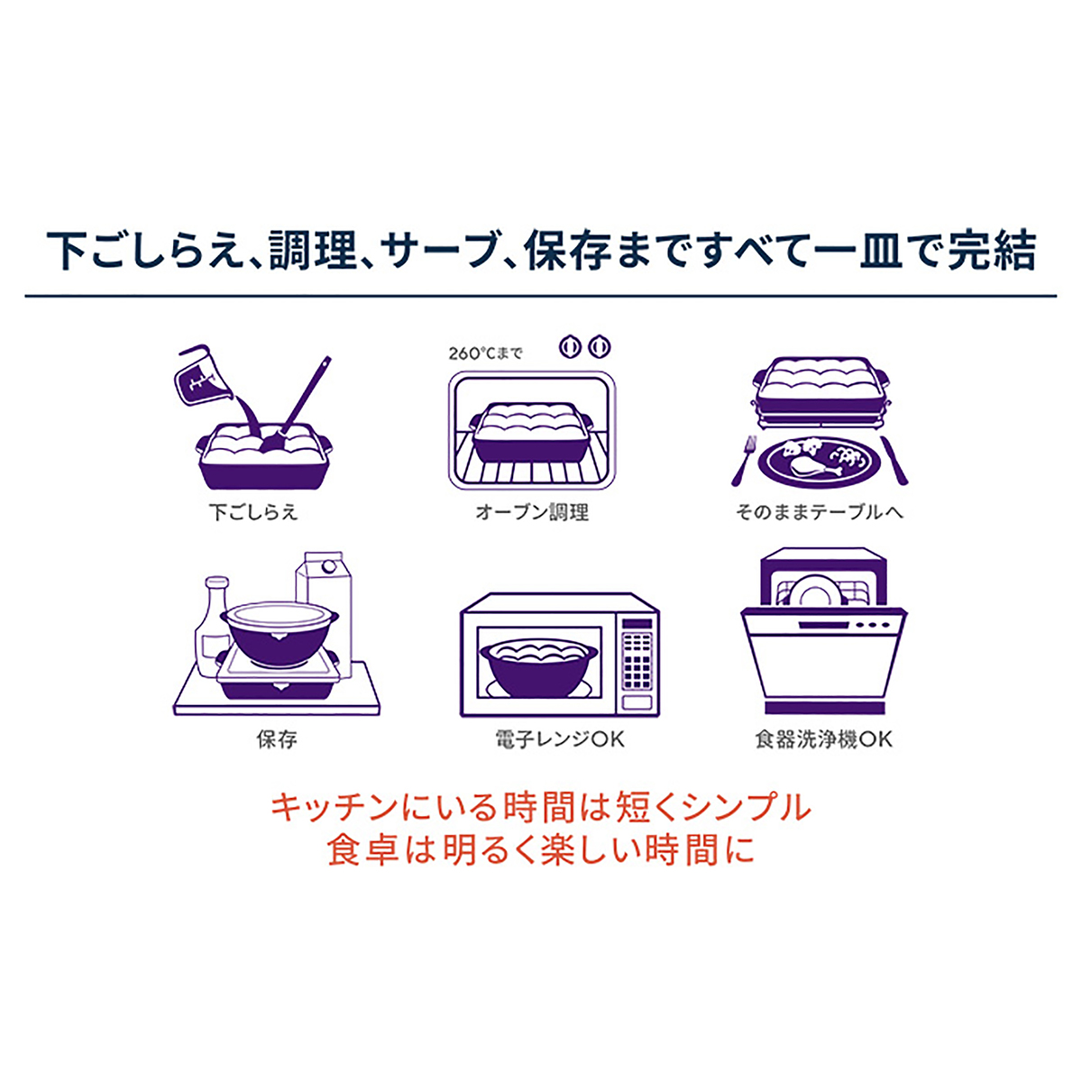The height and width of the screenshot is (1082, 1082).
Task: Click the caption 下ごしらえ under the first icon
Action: click(x=253, y=512)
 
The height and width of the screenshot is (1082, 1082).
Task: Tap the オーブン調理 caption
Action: click(x=532, y=512)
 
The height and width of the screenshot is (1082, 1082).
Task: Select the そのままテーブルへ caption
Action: click(x=820, y=512)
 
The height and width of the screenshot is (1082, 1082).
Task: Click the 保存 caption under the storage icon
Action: click(x=276, y=739)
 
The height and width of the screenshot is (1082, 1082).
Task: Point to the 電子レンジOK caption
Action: click(x=560, y=739)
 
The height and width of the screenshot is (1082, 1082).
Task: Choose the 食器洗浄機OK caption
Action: click(x=824, y=739)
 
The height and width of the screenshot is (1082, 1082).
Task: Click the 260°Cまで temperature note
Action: click(x=485, y=353)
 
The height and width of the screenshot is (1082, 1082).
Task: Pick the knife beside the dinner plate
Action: click(x=894, y=460)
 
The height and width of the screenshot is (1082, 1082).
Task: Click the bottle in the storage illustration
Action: click(x=213, y=623)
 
